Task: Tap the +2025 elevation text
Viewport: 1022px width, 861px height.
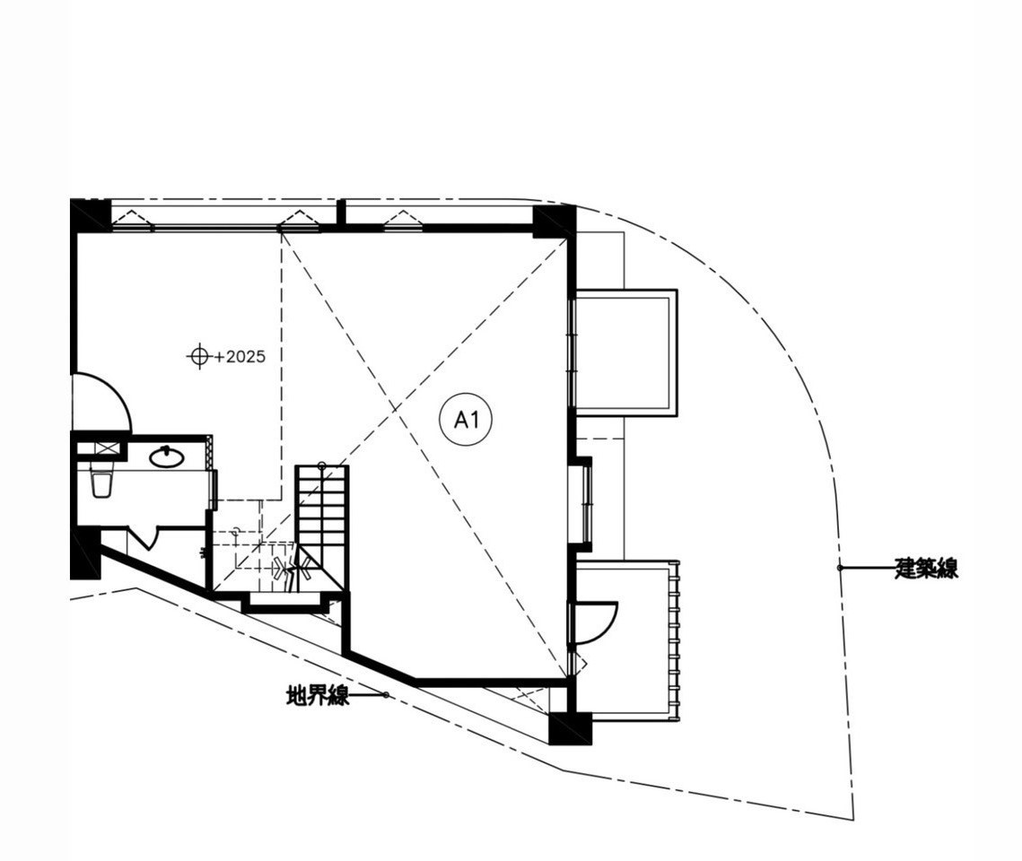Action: click(x=240, y=357)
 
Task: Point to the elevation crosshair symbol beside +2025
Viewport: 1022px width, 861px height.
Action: click(x=199, y=357)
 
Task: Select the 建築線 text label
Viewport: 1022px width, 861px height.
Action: click(x=926, y=568)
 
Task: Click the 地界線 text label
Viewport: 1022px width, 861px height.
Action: click(x=318, y=696)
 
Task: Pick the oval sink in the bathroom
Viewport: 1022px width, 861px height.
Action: click(x=167, y=457)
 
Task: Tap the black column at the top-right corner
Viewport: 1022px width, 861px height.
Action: click(x=554, y=222)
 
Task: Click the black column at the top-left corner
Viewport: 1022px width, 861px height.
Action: click(x=90, y=215)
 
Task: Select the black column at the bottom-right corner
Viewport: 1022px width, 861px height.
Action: click(x=570, y=728)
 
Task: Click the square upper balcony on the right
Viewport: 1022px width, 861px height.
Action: click(x=624, y=352)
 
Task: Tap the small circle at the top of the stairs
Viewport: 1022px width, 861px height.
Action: click(x=321, y=465)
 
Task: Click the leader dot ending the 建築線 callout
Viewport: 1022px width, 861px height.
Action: click(x=840, y=568)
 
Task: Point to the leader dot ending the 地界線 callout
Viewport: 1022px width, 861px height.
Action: click(x=386, y=695)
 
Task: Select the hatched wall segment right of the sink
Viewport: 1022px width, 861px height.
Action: click(x=208, y=451)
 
